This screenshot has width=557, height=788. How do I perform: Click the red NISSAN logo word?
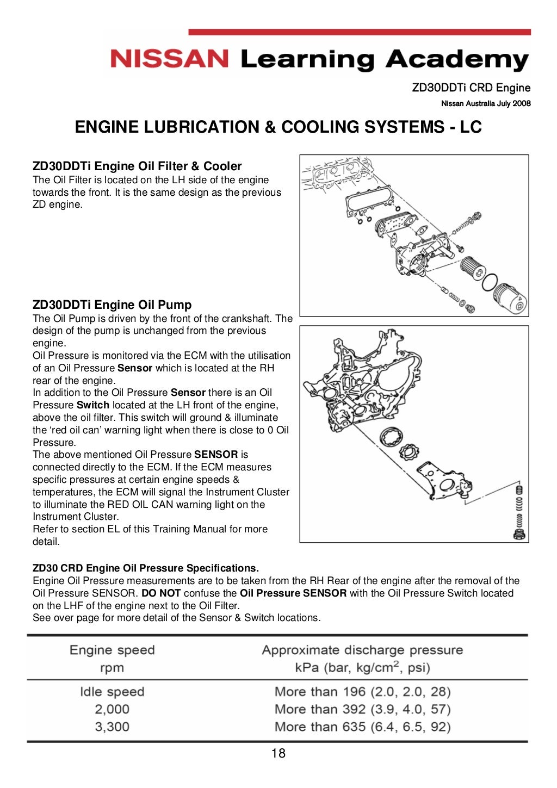click(169, 59)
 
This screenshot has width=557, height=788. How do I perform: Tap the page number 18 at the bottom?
click(278, 753)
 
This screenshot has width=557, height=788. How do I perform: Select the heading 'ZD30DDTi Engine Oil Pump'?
click(112, 305)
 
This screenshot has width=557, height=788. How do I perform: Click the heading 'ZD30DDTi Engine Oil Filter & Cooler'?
click(137, 166)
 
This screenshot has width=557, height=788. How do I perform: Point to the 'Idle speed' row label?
click(112, 692)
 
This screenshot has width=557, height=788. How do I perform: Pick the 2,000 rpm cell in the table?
click(112, 709)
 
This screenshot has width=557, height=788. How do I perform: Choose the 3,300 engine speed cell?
click(112, 727)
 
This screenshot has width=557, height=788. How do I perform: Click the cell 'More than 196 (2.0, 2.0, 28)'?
click(362, 692)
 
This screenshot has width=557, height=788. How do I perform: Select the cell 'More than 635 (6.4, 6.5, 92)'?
click(362, 727)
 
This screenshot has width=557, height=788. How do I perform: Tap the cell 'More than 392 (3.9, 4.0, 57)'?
click(362, 709)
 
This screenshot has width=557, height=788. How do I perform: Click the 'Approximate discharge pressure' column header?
click(362, 650)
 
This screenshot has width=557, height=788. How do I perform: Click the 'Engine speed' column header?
click(112, 650)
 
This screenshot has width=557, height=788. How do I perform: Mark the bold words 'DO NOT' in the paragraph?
click(161, 593)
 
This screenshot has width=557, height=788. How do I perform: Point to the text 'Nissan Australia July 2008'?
click(486, 103)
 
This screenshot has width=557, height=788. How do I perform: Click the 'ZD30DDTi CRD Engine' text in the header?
click(471, 88)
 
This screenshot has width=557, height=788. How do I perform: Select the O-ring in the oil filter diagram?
click(490, 282)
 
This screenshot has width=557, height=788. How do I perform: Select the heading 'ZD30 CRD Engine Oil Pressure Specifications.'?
click(146, 568)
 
